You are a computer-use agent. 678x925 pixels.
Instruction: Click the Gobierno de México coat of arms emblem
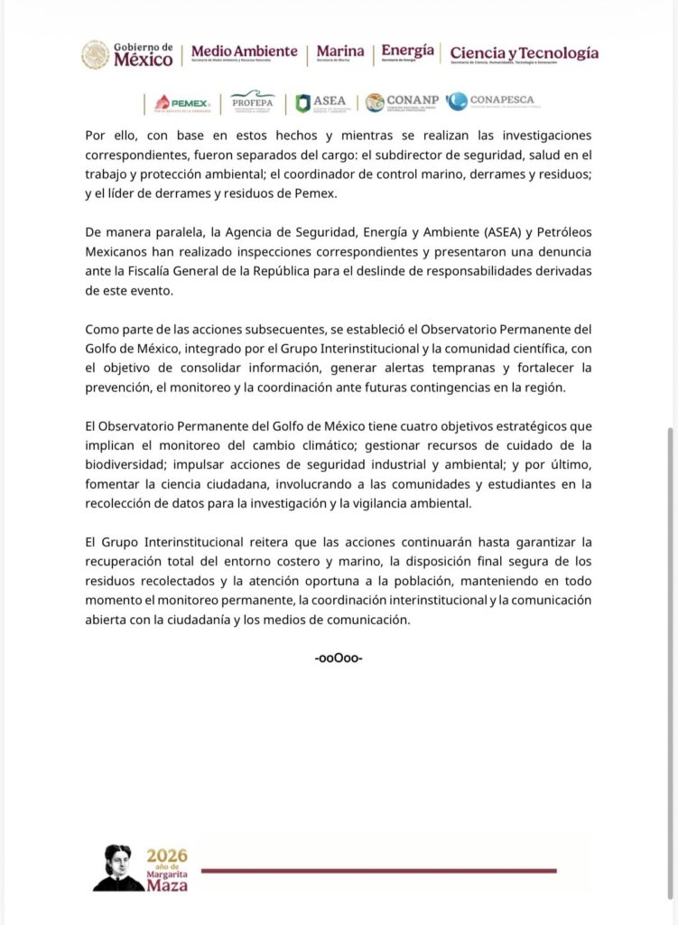pos(95,54)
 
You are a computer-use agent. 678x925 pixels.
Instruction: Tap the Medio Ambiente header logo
pos(244,53)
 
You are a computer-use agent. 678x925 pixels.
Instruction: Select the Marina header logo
pos(340,53)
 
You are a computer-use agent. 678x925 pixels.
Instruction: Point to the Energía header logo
pos(407,52)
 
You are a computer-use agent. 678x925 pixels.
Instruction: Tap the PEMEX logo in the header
pos(183,103)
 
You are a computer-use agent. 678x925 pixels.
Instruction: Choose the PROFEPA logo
pos(253,102)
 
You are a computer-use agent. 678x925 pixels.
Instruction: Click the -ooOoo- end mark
pos(339,658)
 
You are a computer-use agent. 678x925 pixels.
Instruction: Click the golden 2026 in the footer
pos(167,855)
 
